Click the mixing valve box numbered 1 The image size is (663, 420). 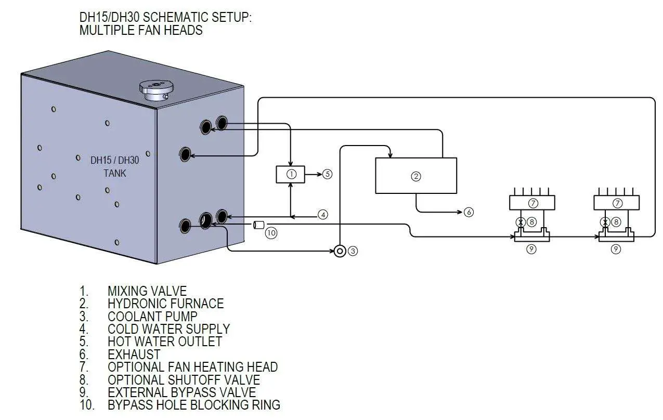[291, 175]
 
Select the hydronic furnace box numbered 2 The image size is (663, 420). [415, 176]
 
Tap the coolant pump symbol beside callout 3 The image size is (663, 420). [340, 251]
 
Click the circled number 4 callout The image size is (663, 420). [323, 214]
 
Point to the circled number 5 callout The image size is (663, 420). [327, 174]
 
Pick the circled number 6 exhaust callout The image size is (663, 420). [469, 212]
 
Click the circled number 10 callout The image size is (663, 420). [271, 233]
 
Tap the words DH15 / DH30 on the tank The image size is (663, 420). [115, 160]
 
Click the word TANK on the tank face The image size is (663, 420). [114, 173]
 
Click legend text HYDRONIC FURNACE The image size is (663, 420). [165, 304]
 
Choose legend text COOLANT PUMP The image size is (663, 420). [152, 316]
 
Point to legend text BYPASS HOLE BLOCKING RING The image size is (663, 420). [193, 404]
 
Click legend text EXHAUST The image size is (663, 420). [134, 354]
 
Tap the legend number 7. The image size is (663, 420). [84, 367]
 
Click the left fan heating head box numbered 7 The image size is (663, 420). [532, 203]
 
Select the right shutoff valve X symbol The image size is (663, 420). [605, 222]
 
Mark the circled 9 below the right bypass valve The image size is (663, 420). [616, 250]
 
